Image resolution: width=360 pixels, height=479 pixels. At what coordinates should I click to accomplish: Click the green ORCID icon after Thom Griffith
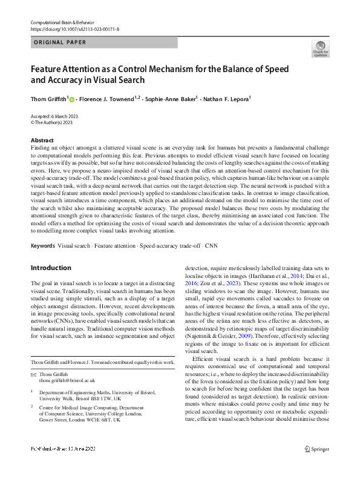[71, 97]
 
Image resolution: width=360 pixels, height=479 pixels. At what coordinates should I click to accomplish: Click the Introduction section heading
[51, 268]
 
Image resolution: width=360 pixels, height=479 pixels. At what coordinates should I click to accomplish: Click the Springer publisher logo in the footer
[316, 466]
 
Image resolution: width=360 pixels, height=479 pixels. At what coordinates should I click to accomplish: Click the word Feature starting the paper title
[46, 68]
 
